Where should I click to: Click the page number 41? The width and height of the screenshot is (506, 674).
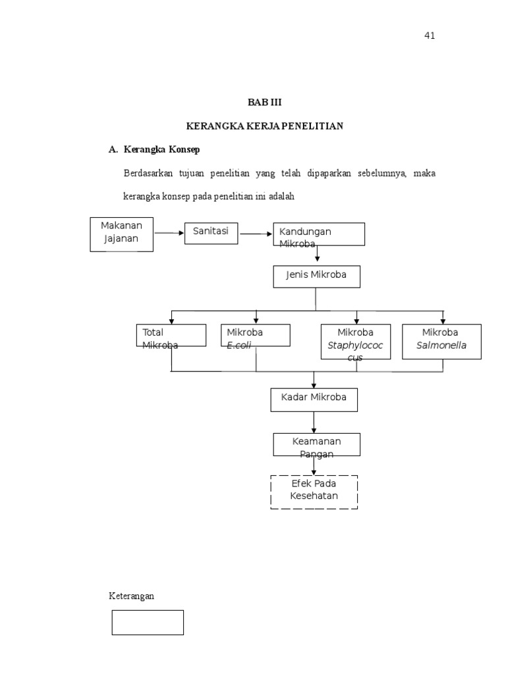[x=430, y=36]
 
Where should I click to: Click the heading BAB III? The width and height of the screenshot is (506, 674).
[x=264, y=103]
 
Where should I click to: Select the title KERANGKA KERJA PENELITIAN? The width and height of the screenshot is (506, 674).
[x=265, y=126]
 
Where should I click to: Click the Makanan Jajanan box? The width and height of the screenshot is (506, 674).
[x=121, y=234]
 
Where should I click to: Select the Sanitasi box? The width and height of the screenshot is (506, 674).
[x=211, y=233]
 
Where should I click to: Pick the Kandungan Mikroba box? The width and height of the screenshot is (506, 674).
[x=320, y=234]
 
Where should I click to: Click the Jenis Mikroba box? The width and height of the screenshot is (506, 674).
[x=317, y=276]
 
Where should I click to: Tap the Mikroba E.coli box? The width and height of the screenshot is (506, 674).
[x=256, y=335]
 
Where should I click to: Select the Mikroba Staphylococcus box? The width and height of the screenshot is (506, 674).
[x=356, y=342]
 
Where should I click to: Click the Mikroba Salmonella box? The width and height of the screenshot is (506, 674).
[x=441, y=341]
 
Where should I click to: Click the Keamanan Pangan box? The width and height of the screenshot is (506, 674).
[x=317, y=444]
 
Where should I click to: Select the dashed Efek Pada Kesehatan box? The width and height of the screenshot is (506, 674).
[x=314, y=492]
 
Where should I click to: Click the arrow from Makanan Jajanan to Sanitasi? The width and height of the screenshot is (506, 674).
[x=169, y=233]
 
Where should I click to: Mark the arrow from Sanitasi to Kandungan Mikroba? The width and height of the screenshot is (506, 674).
[x=256, y=233]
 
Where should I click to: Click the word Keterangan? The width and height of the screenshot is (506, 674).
[x=131, y=596]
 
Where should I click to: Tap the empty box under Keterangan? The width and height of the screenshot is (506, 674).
[x=148, y=622]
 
